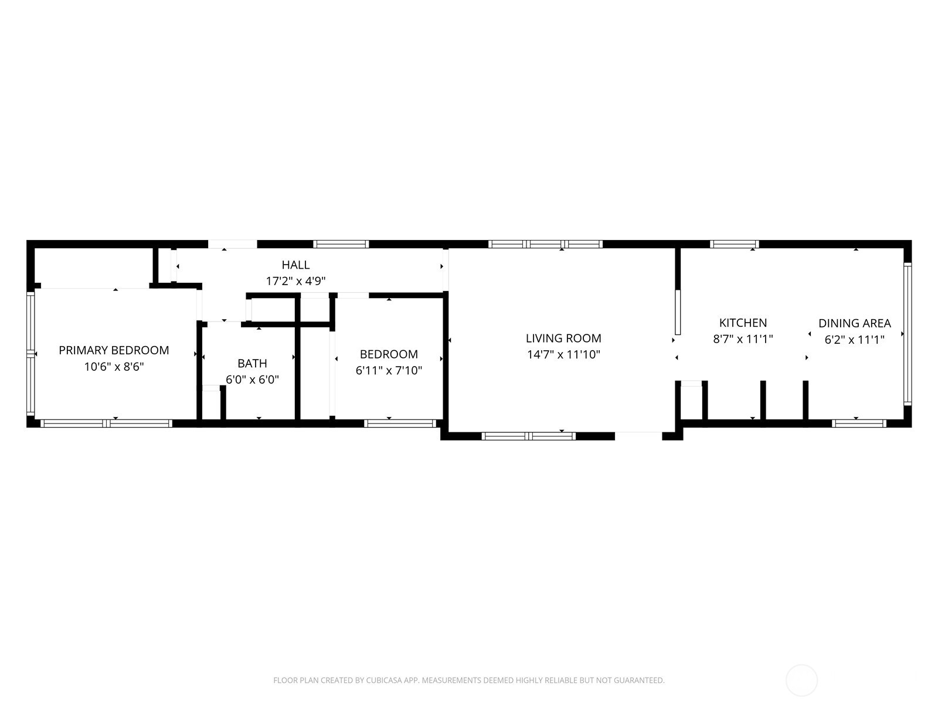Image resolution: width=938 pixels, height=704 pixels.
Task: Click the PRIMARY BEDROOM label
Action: (x=114, y=350)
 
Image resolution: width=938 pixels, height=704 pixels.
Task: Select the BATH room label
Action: (x=252, y=364)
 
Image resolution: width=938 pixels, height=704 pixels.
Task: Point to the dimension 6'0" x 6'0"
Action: (x=252, y=380)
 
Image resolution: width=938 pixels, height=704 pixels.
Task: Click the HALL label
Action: (x=295, y=265)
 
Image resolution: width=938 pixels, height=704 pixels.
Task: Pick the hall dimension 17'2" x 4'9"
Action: (x=295, y=281)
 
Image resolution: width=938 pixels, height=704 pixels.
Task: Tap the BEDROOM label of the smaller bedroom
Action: (x=389, y=354)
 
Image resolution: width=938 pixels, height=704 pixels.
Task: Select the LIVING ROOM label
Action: (x=563, y=339)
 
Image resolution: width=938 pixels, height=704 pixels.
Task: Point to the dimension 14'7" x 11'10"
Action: (x=563, y=354)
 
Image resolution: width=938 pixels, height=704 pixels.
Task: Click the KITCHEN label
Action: (x=743, y=323)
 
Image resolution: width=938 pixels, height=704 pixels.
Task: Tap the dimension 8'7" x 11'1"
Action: (x=743, y=339)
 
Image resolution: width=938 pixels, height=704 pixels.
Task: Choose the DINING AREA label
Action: (x=854, y=323)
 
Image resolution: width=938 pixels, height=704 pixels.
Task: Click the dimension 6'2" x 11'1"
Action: (x=854, y=339)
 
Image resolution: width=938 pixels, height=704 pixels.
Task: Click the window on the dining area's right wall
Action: (x=908, y=334)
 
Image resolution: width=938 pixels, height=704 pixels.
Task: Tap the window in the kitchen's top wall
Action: (x=734, y=244)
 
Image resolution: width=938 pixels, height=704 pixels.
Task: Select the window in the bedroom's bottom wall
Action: (x=400, y=423)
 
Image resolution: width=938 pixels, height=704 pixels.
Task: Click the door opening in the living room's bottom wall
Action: (x=638, y=436)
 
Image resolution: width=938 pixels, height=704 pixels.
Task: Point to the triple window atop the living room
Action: (x=545, y=244)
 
